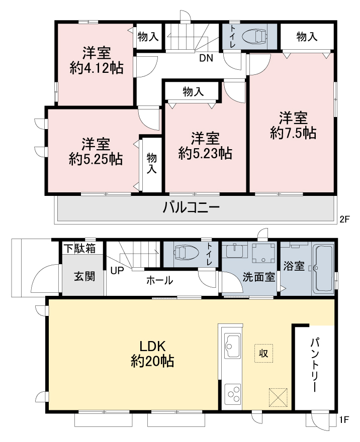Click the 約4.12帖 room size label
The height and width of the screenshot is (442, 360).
pos(97,68)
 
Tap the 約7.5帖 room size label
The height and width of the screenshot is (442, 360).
pos(293,133)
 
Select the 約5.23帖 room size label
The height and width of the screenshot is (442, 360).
pos(205,154)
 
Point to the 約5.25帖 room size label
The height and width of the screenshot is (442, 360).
pos(96,159)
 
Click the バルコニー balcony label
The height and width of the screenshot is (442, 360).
pos(191,208)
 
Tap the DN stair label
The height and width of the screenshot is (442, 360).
pos(206,58)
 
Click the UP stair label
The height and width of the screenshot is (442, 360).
pos(117,271)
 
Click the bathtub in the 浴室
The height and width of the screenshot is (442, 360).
pos(324,269)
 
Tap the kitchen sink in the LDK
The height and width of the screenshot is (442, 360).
pos(232,346)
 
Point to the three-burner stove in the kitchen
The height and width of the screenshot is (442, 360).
pos(233,394)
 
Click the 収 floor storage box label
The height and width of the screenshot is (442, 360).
pos(264,353)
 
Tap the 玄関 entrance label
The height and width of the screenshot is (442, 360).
pos(84,277)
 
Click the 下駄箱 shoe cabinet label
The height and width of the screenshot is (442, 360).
pos(79,248)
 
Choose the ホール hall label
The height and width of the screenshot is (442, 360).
pos(160,280)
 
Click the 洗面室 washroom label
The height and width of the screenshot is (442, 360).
pos(259,277)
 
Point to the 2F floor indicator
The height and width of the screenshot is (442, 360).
pos(344,219)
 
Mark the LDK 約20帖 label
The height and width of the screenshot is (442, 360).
pos(152,354)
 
